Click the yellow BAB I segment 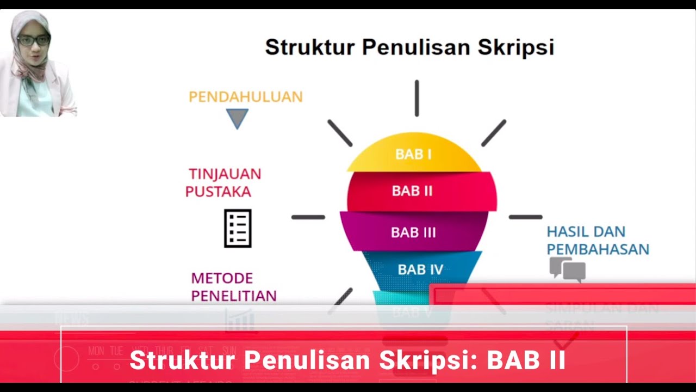point(413,155)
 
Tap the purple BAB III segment point(413,232)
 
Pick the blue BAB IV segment point(420,269)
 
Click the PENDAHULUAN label point(245,97)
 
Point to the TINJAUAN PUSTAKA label point(223,182)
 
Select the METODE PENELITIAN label point(233,287)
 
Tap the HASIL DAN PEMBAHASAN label point(598,240)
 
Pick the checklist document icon point(238,229)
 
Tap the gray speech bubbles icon point(567,269)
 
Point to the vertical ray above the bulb point(417,98)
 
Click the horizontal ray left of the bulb point(308,217)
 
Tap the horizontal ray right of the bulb point(525,217)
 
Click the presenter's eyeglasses point(33,40)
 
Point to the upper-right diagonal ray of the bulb point(494,133)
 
